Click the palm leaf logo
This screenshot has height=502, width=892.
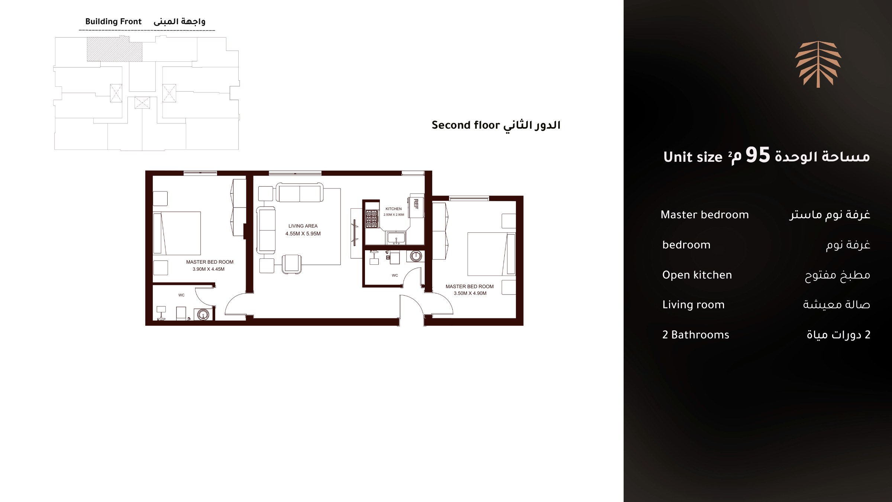click(818, 64)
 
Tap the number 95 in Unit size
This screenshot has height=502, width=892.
click(758, 155)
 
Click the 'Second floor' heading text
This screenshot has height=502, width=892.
click(466, 125)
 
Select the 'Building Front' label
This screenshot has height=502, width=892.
click(113, 22)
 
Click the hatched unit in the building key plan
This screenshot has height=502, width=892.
click(114, 49)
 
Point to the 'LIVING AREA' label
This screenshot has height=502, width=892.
click(303, 226)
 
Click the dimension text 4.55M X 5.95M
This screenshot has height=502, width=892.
click(303, 234)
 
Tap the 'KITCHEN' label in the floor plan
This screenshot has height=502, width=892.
click(394, 209)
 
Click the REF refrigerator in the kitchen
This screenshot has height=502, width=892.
click(417, 206)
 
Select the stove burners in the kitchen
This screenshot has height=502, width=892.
click(371, 219)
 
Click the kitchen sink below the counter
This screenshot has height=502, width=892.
click(396, 238)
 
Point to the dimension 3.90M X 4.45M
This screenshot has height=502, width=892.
click(209, 269)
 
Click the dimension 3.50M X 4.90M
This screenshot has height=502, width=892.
click(470, 293)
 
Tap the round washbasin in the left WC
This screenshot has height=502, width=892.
click(203, 315)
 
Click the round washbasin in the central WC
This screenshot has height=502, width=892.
click(416, 256)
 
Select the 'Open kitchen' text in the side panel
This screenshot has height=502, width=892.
click(697, 275)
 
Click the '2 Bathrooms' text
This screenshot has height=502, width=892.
click(695, 335)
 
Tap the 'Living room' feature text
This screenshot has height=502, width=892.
click(693, 305)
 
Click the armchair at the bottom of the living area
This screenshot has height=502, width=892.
click(292, 264)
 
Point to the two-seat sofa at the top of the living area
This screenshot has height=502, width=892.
click(300, 192)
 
